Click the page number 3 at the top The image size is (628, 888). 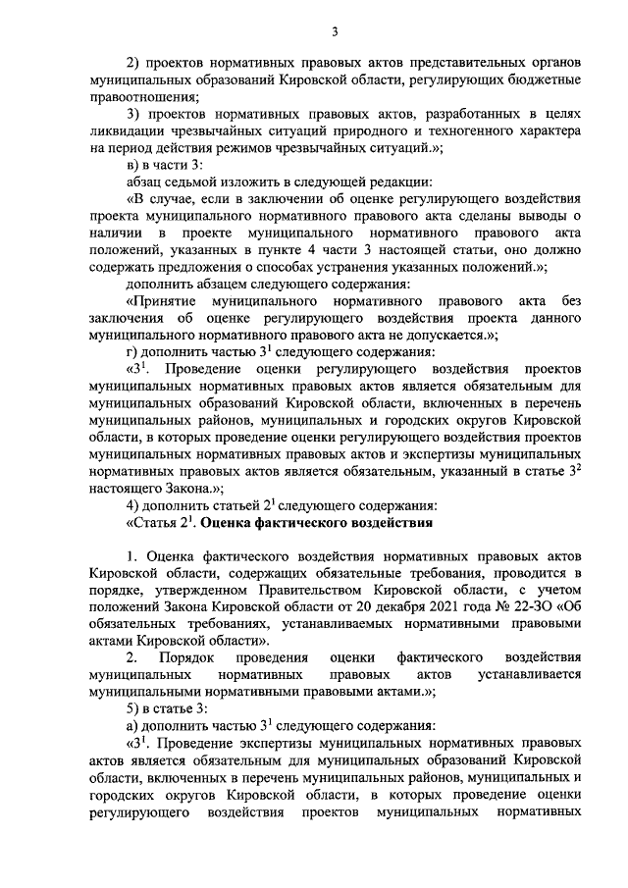335,33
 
